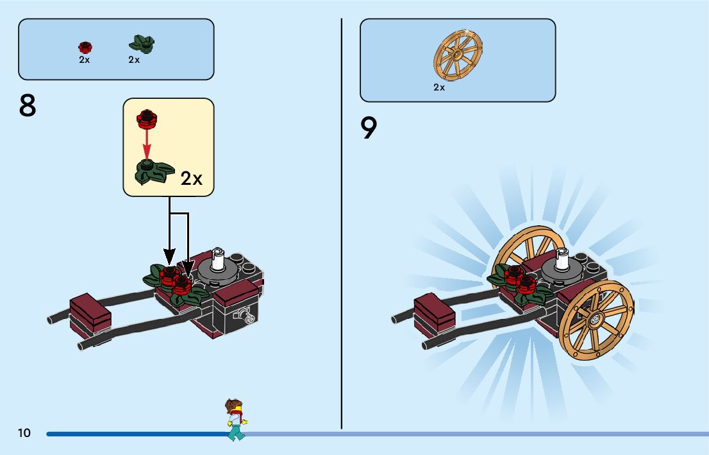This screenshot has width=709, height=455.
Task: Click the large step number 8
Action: coord(27,106)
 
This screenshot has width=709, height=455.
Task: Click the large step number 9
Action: coord(369,128)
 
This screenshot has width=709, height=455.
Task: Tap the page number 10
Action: coord(24,433)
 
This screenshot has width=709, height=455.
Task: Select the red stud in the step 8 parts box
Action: coord(85,47)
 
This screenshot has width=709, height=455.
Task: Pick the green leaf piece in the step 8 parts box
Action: coord(142,44)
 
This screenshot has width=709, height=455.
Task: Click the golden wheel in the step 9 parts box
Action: coord(458,55)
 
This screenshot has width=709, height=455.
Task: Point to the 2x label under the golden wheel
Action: coord(439,87)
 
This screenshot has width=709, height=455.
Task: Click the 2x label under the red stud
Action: coord(85,60)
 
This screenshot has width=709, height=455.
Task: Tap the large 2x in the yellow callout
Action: coord(191,178)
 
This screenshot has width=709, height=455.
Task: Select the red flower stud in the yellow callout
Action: coord(147,119)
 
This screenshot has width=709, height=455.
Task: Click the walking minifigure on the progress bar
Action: coord(236,420)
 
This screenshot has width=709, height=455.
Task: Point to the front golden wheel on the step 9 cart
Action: coord(596,320)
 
